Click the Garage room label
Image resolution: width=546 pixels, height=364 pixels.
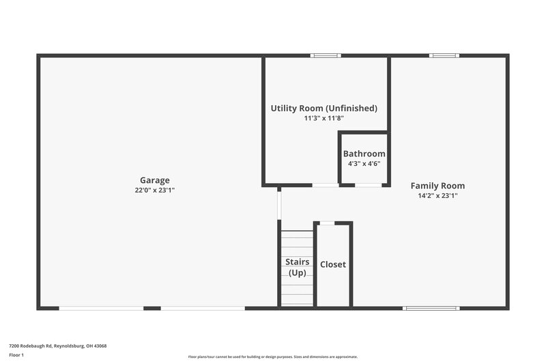(155, 180)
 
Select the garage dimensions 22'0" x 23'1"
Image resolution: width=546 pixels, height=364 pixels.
(155, 191)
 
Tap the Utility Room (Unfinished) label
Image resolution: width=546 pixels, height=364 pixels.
(324, 108)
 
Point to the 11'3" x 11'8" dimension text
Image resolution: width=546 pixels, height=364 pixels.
(324, 118)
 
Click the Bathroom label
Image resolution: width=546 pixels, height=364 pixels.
(364, 154)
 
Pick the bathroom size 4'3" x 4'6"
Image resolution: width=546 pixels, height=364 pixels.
(364, 163)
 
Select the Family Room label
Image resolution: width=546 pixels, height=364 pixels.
(437, 185)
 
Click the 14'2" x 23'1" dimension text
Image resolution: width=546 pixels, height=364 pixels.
(437, 195)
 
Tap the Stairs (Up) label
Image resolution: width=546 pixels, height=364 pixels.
(297, 267)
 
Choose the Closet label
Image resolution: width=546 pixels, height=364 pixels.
(333, 264)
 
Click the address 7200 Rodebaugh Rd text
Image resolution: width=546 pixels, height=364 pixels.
(57, 346)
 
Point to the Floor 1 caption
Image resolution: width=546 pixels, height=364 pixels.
(16, 355)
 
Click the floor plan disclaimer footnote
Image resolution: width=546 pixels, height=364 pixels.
(272, 356)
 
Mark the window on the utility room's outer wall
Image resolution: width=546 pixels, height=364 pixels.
(326, 55)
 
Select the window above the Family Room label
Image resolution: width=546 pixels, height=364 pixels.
(444, 55)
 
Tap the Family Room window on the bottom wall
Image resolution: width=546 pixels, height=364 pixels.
(431, 308)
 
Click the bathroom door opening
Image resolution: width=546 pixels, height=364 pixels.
(369, 185)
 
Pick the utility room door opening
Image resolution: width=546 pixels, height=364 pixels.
(326, 185)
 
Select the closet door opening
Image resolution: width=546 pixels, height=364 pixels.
(328, 223)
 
